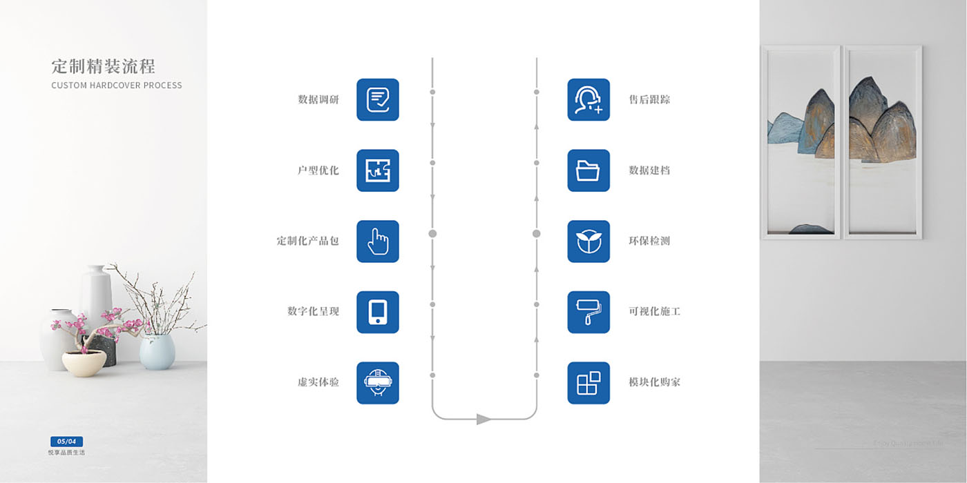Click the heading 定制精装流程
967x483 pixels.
pyautogui.click(x=103, y=66)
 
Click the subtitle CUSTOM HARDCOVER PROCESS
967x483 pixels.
pyautogui.click(x=117, y=86)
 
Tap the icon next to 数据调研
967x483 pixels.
pyautogui.click(x=378, y=100)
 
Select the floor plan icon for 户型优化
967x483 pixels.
pyautogui.click(x=378, y=170)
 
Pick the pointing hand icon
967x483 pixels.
pyautogui.click(x=378, y=241)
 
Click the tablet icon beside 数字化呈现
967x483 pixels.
pyautogui.click(x=378, y=312)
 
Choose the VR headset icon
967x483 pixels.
pyautogui.click(x=378, y=383)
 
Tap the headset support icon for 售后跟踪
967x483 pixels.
pyautogui.click(x=588, y=100)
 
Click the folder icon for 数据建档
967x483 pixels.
pyautogui.click(x=588, y=170)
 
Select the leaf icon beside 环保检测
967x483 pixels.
pyautogui.click(x=588, y=241)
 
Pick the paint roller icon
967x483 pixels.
pyautogui.click(x=588, y=312)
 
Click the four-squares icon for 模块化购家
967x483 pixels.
pyautogui.click(x=588, y=383)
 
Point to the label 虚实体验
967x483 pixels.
pyautogui.click(x=318, y=382)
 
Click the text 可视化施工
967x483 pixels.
pyautogui.click(x=654, y=312)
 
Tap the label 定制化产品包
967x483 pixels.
pyautogui.click(x=308, y=241)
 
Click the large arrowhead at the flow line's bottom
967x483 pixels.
pyautogui.click(x=483, y=419)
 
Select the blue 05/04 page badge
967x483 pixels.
pyautogui.click(x=66, y=442)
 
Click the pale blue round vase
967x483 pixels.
pyautogui.click(x=157, y=352)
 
